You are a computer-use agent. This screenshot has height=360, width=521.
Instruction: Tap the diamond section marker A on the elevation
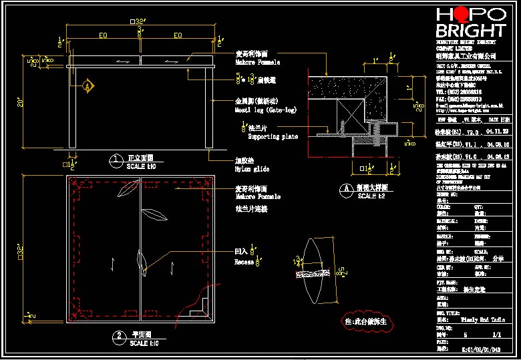pyautogui.click(x=88, y=86)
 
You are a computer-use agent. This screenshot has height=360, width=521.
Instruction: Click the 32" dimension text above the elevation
pyautogui.click(x=138, y=21)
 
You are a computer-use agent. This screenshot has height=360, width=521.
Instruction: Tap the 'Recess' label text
pyautogui.click(x=243, y=262)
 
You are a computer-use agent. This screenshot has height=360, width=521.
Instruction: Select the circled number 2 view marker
pyautogui.click(x=118, y=335)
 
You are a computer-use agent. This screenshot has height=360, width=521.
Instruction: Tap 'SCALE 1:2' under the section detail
pyautogui.click(x=371, y=196)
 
